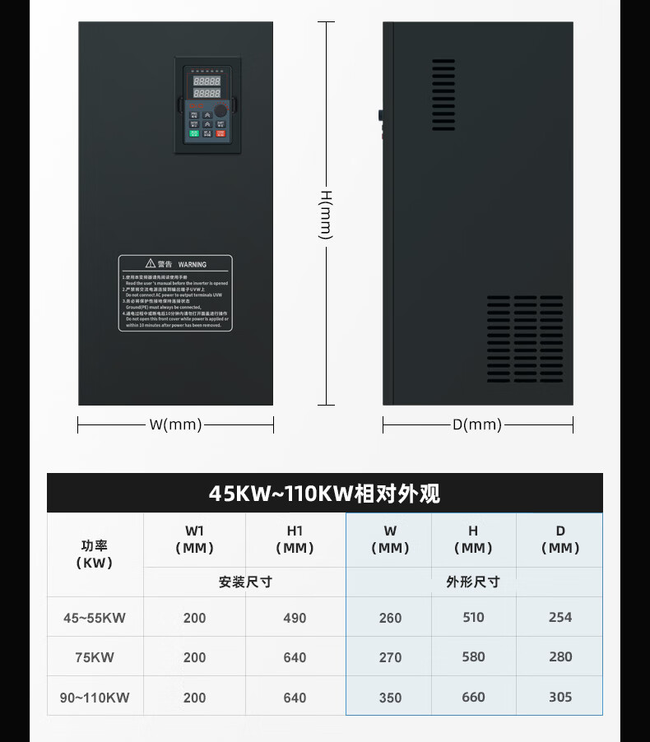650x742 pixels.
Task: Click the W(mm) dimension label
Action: (x=175, y=424)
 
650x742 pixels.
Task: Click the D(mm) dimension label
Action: (x=476, y=424)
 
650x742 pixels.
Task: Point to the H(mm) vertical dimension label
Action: (x=326, y=214)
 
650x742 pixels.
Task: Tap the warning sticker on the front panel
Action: (x=174, y=293)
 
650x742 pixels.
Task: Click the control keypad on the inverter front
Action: (x=207, y=104)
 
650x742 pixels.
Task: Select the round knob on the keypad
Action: (x=221, y=111)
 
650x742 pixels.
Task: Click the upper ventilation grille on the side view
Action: (x=443, y=94)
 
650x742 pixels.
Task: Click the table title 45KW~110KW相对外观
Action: (x=324, y=494)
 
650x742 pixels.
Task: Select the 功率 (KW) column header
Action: (x=95, y=554)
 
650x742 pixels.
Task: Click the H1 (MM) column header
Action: (x=295, y=540)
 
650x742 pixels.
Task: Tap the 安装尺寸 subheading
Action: (x=245, y=582)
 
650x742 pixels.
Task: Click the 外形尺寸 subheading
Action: (x=473, y=582)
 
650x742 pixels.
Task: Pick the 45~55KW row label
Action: (x=95, y=618)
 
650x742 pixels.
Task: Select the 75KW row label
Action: (x=95, y=657)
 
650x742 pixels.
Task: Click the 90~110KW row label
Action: (x=95, y=698)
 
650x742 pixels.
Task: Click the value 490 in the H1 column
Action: (x=295, y=618)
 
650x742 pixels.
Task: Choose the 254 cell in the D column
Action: (x=559, y=617)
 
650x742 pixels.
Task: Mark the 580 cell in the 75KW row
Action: (x=473, y=656)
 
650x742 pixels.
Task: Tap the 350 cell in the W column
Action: (x=390, y=698)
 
